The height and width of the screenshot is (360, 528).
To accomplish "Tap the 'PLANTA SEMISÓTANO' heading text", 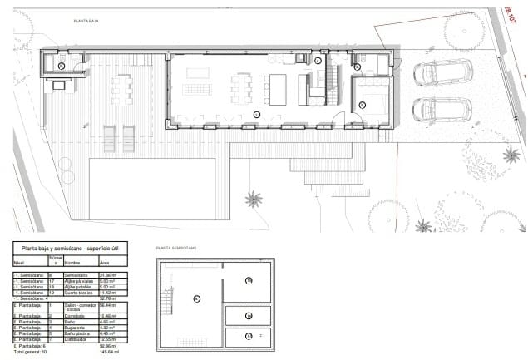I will click(175, 248).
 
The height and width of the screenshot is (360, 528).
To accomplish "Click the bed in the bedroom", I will click(371, 103).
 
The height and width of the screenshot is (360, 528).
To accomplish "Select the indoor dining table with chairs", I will click(243, 86).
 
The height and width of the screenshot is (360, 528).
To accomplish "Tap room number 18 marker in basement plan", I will click(248, 316).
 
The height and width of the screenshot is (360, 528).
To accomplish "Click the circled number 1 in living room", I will click(256, 114).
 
